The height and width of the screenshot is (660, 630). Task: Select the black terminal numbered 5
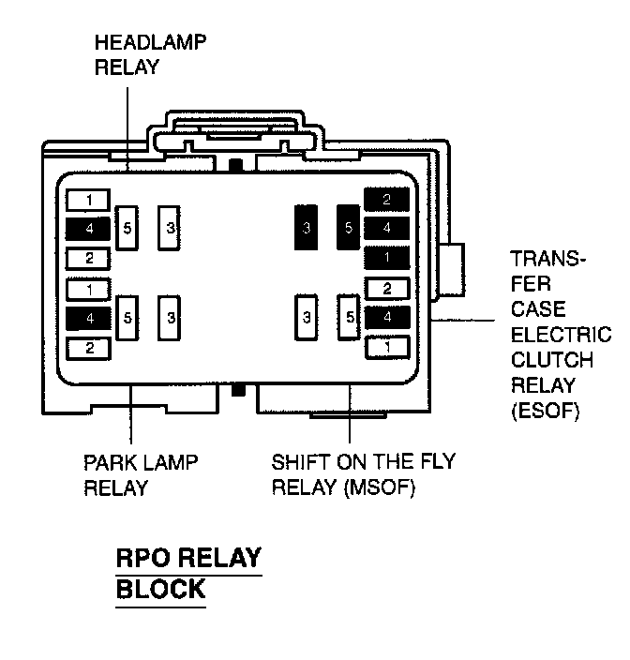tap(349, 228)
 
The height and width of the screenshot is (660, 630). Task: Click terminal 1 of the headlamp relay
tap(89, 200)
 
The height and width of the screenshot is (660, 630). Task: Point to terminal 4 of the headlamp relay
tap(89, 228)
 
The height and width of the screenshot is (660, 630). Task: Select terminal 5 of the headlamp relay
tap(128, 228)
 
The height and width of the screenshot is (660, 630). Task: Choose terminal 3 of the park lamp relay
tap(170, 318)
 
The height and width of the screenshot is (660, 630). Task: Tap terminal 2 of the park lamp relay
tap(89, 349)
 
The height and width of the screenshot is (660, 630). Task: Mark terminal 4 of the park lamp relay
tap(89, 319)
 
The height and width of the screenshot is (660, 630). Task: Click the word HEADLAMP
tap(150, 42)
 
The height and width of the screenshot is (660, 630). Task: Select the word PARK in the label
tap(109, 463)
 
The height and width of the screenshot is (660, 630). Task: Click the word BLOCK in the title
tap(159, 589)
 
